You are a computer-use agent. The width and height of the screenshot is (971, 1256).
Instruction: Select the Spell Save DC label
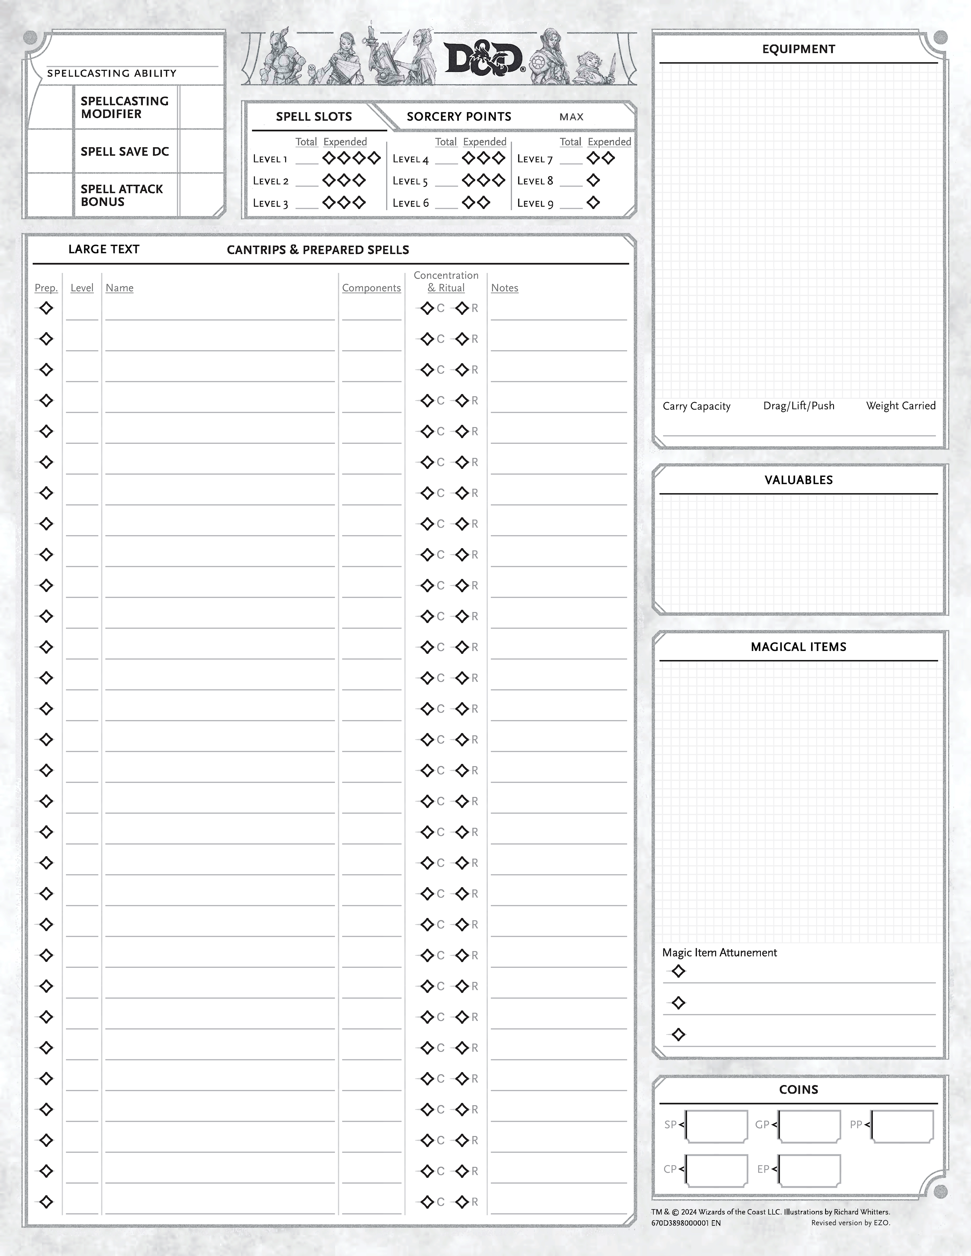coord(125,152)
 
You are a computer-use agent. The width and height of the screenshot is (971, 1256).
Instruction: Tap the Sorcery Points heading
coord(458,117)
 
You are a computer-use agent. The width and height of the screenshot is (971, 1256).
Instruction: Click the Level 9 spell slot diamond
coord(593,202)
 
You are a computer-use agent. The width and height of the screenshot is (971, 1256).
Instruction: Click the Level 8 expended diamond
coord(593,180)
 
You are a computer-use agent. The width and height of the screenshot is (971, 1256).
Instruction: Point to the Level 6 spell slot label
coord(411,203)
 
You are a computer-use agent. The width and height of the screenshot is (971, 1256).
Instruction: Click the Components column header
coord(371,288)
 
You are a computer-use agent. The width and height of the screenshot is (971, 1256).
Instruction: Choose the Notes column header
coord(505,288)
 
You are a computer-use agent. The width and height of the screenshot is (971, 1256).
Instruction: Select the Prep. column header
coord(46,288)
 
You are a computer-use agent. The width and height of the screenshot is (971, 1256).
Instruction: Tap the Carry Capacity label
coord(696,406)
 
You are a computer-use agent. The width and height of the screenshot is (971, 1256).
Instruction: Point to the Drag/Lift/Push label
coord(799,406)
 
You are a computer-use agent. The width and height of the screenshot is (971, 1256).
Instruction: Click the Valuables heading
coord(799,480)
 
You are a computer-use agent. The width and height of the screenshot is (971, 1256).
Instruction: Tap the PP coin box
coord(902,1127)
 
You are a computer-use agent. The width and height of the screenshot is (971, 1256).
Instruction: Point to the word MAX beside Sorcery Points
coord(571,117)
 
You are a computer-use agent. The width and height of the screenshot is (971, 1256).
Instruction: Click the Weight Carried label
coord(901,406)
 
